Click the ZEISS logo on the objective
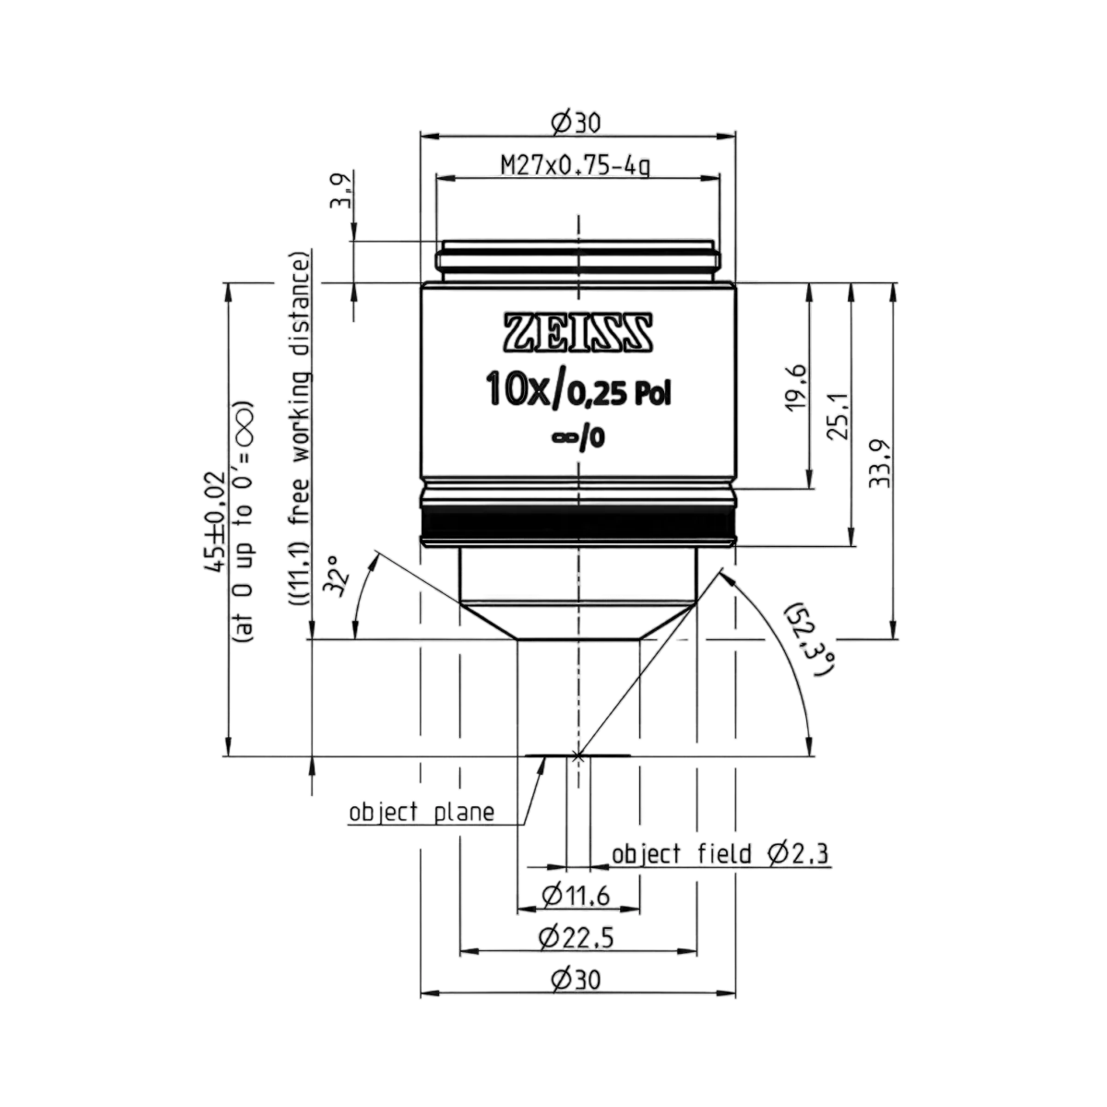coord(577,332)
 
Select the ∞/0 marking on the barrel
coord(578,439)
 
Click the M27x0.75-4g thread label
coord(576,167)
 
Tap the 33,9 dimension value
coord(879,464)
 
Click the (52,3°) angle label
coord(811,638)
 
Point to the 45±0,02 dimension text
coord(216,521)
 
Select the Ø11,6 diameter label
coord(576,896)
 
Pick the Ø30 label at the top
coord(576,123)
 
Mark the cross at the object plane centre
coord(578,756)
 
